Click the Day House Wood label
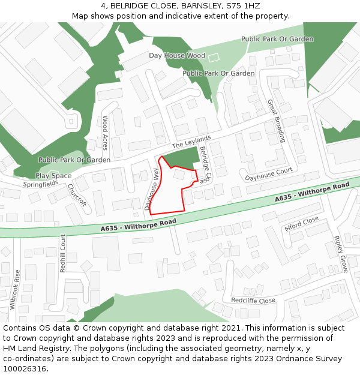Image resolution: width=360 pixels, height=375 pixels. pos(177,55)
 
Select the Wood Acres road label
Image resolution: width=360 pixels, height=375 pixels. pos(105,133)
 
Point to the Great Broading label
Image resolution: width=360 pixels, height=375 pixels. pos(276,120)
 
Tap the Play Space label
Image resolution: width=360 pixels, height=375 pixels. pos(53,176)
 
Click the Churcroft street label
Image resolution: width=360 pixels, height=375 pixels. pos(77,195)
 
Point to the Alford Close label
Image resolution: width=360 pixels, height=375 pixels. pos(302,224)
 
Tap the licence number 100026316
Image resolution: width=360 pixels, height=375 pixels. pos(25,368)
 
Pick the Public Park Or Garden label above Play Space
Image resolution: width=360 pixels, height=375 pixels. pos(74,160)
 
